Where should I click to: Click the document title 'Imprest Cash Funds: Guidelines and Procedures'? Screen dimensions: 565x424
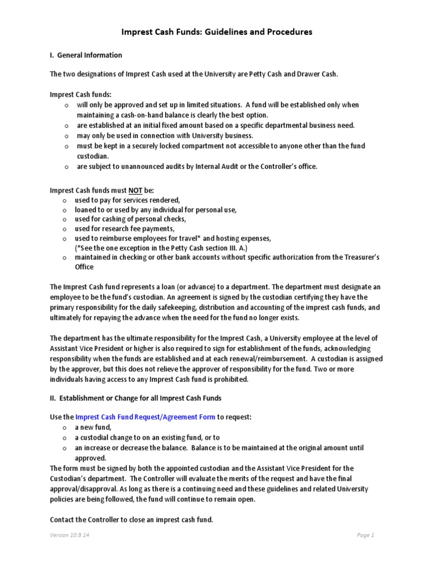[x=216, y=32]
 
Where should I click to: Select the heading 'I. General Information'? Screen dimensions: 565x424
[x=86, y=55]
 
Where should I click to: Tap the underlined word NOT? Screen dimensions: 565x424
[x=135, y=190]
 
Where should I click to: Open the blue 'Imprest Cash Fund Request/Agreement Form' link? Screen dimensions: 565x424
[x=145, y=417]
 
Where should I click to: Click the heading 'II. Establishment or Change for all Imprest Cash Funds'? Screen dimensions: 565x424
[x=136, y=398]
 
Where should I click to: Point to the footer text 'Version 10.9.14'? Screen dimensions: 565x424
[x=70, y=535]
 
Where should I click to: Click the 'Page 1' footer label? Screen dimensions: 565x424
[x=365, y=535]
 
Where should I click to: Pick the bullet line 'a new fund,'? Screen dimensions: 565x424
[x=93, y=427]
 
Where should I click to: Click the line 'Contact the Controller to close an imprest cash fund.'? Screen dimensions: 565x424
[x=131, y=520]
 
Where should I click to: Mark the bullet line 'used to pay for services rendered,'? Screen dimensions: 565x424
[x=128, y=200]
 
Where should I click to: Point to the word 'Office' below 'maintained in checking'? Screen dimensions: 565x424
[x=84, y=267]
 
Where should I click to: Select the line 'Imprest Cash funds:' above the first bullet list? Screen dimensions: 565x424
[x=81, y=94]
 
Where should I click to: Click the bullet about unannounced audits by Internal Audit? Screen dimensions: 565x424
[x=197, y=167]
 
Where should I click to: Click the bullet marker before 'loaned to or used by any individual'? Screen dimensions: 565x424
[x=66, y=210]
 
